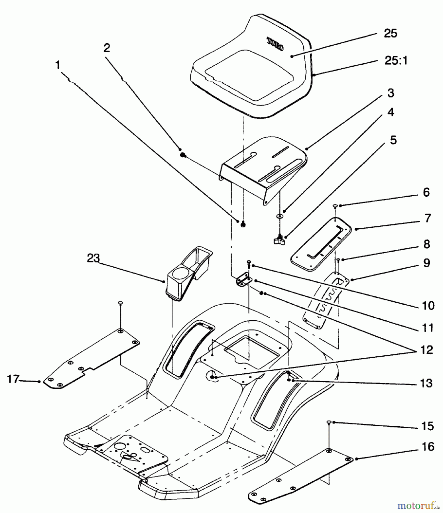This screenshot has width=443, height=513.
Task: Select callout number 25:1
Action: point(396,61)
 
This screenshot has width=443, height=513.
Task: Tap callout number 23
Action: point(93,258)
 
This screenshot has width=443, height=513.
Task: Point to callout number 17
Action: point(13,379)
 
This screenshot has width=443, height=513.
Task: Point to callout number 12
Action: point(427,350)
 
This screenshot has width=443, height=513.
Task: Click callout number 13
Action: point(426,383)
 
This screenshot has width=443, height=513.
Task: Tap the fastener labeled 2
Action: point(183,155)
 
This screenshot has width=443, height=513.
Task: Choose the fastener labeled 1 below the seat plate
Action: point(243,224)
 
